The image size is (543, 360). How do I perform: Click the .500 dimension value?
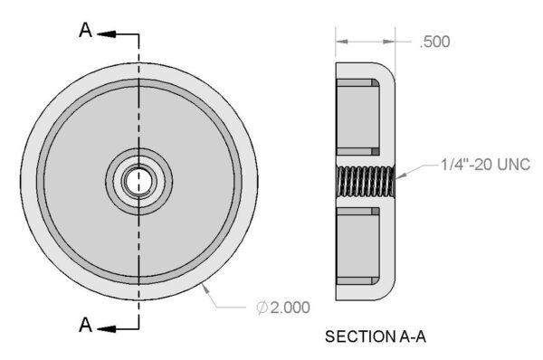point(435,42)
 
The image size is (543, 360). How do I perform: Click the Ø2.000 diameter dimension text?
point(283,308)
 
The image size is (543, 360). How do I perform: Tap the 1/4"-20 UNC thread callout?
point(485,164)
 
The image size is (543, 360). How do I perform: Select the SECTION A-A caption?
point(376,336)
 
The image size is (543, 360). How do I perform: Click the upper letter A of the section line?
point(86,30)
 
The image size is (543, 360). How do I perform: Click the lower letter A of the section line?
point(86,325)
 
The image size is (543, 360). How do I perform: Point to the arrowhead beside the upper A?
point(106,34)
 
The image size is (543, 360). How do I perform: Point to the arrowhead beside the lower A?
point(106,328)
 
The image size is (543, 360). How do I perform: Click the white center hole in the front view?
point(138,181)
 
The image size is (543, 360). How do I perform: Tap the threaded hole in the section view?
point(366,181)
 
